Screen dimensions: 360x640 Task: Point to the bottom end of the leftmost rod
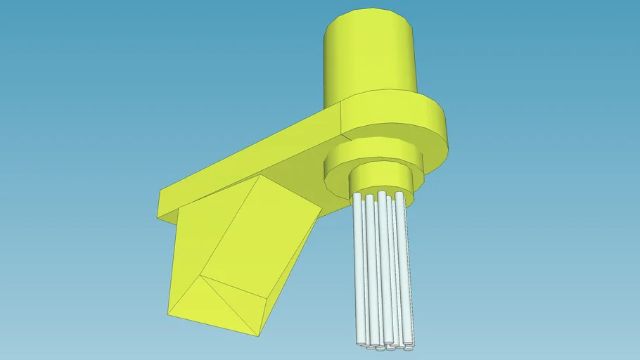pyautogui.click(x=359, y=342)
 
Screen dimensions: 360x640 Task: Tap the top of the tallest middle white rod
pyautogui.click(x=382, y=193)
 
